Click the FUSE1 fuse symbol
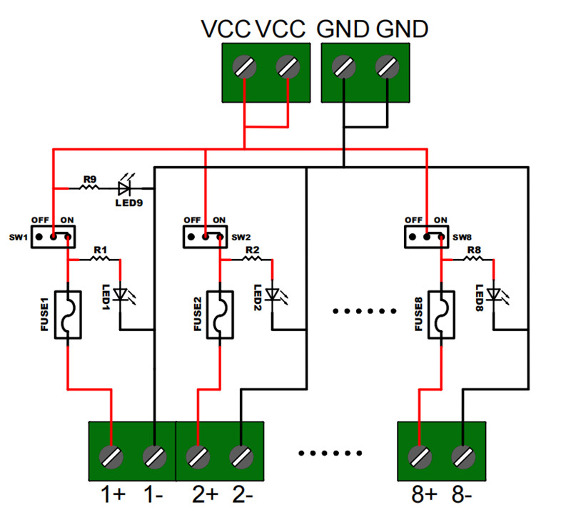click(x=68, y=315)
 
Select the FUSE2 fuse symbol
click(x=220, y=315)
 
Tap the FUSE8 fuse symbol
click(x=441, y=315)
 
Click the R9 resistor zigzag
click(x=89, y=188)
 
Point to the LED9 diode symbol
click(x=124, y=188)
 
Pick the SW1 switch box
click(x=53, y=237)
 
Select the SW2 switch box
click(x=205, y=237)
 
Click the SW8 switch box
click(x=426, y=237)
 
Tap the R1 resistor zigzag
click(x=100, y=259)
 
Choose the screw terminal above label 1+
click(x=111, y=457)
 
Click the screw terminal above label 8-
click(x=463, y=457)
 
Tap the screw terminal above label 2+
click(x=198, y=457)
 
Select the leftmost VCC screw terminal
click(x=244, y=67)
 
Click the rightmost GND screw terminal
click(x=387, y=67)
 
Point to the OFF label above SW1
click(x=40, y=220)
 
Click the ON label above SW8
click(x=440, y=220)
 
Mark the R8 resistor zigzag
click(x=473, y=259)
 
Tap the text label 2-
click(x=243, y=495)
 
